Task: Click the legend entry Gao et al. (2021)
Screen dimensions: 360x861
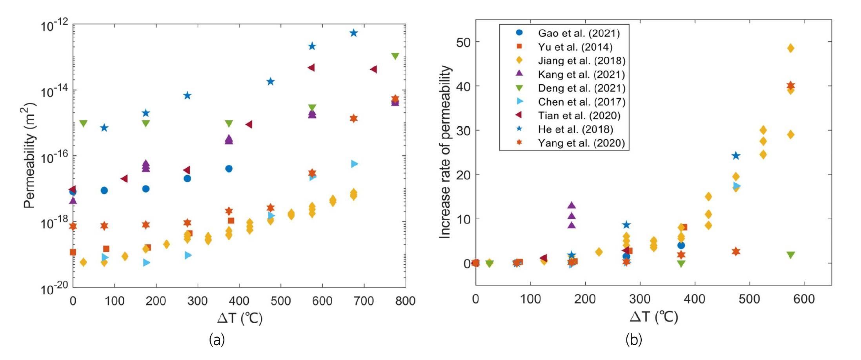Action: click(x=579, y=33)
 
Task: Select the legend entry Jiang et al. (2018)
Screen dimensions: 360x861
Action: click(x=581, y=61)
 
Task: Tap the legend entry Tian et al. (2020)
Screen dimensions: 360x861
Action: click(x=579, y=116)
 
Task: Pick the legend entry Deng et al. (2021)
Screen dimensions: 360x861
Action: click(x=581, y=88)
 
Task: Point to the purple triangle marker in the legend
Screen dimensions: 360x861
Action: click(x=519, y=73)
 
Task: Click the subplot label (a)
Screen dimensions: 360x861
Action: click(x=217, y=339)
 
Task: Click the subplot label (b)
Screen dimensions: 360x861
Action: click(x=633, y=339)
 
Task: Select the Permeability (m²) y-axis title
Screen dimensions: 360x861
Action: click(x=29, y=155)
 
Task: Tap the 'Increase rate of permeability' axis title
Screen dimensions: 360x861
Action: click(x=445, y=152)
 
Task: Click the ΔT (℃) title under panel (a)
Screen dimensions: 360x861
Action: click(x=240, y=318)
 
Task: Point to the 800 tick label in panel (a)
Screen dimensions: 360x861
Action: click(x=405, y=301)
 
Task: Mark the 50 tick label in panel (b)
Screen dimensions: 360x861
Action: click(x=463, y=42)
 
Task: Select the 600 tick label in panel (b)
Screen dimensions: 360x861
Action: click(x=804, y=299)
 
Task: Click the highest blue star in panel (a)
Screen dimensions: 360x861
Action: click(x=354, y=33)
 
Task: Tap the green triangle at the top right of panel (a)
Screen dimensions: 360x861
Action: click(x=395, y=56)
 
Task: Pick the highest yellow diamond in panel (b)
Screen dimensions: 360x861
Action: click(x=790, y=48)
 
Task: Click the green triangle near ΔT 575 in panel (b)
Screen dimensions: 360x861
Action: click(x=790, y=255)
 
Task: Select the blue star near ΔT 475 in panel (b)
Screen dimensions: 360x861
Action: click(x=736, y=156)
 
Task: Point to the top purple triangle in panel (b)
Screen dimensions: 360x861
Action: click(x=572, y=205)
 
